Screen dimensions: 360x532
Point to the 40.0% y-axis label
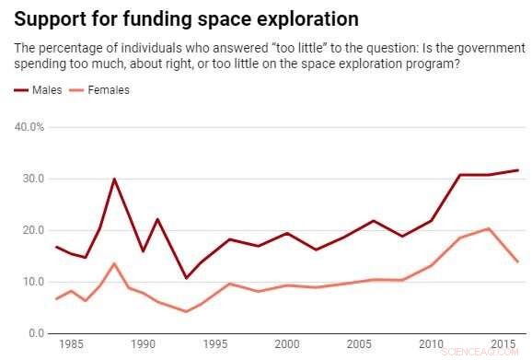tap(28, 126)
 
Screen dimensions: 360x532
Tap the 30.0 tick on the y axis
tap(31, 179)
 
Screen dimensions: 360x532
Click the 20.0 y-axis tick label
tap(31, 230)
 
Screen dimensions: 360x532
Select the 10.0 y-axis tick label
tap(31, 282)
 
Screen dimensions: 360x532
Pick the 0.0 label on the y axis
tap(35, 333)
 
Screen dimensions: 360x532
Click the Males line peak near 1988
tap(114, 179)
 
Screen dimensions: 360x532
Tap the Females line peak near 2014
tap(489, 228)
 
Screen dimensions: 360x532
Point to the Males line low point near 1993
tap(186, 278)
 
